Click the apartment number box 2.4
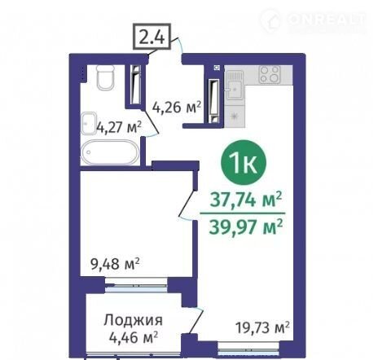coord(152,37)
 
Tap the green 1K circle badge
coord(244,163)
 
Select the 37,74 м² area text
coord(246,200)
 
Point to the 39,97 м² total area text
coord(246,226)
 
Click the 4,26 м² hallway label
coord(177,108)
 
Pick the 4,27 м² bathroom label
coord(119,127)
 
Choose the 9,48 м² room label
coord(115,263)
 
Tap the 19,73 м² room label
coord(262,327)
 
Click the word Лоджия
coord(133,320)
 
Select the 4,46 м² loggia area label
coord(134,338)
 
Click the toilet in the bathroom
coord(105,77)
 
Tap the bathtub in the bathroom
coord(110,151)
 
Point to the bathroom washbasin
coord(89,123)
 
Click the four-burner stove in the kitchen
coord(270,74)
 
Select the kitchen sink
coord(235,85)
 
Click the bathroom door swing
coord(151,122)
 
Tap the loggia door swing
coord(196,320)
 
